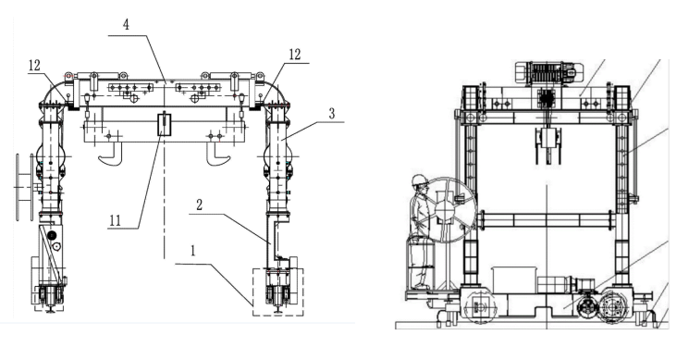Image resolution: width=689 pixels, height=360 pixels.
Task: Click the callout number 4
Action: [x=126, y=24]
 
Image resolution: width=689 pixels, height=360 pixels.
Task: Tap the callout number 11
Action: [x=115, y=220]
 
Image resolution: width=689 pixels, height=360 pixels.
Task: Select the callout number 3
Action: [x=332, y=114]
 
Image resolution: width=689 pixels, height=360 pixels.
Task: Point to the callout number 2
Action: [x=199, y=205]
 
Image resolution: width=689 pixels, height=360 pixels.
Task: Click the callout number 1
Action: [x=192, y=251]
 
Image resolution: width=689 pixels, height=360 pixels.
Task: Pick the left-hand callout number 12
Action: [x=34, y=66]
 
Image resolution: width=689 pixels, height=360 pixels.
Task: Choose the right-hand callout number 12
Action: [x=295, y=55]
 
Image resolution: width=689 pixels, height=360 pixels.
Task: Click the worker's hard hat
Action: [x=420, y=180]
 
